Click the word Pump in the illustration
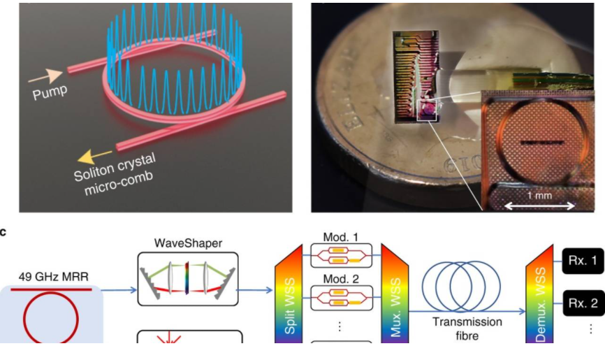pos(50,93)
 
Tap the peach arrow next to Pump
pos(45,76)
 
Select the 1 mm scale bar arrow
pos(539,206)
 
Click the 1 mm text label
pos(539,196)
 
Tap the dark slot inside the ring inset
pos(541,143)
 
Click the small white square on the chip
pos(427,110)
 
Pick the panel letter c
pos(3,232)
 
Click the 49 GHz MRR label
pos(54,277)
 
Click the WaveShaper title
pos(189,243)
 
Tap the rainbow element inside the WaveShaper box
pos(187,278)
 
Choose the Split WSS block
pos(289,294)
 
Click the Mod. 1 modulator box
pos(342,256)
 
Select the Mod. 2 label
pos(341,278)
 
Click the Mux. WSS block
pos(395,294)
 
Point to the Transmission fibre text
pos(467,329)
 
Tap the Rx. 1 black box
pos(583,261)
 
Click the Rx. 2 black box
pos(583,303)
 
